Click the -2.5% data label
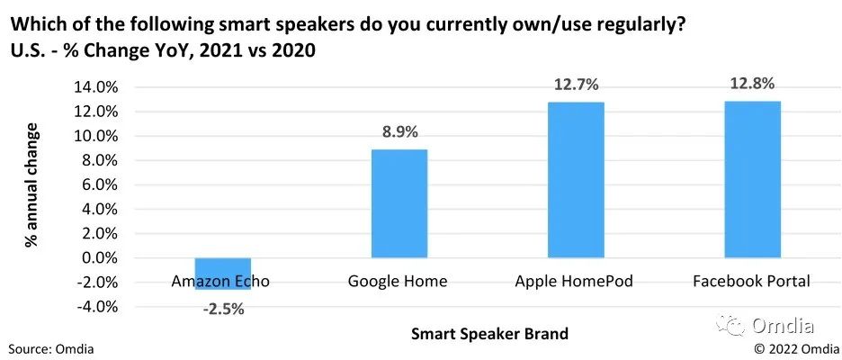click(x=220, y=310)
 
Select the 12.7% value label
click(x=576, y=85)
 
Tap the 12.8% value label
click(x=752, y=84)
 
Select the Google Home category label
click(x=398, y=282)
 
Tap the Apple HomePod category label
click(x=574, y=282)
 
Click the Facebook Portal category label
click(x=752, y=282)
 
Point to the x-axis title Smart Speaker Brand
click(x=489, y=335)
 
